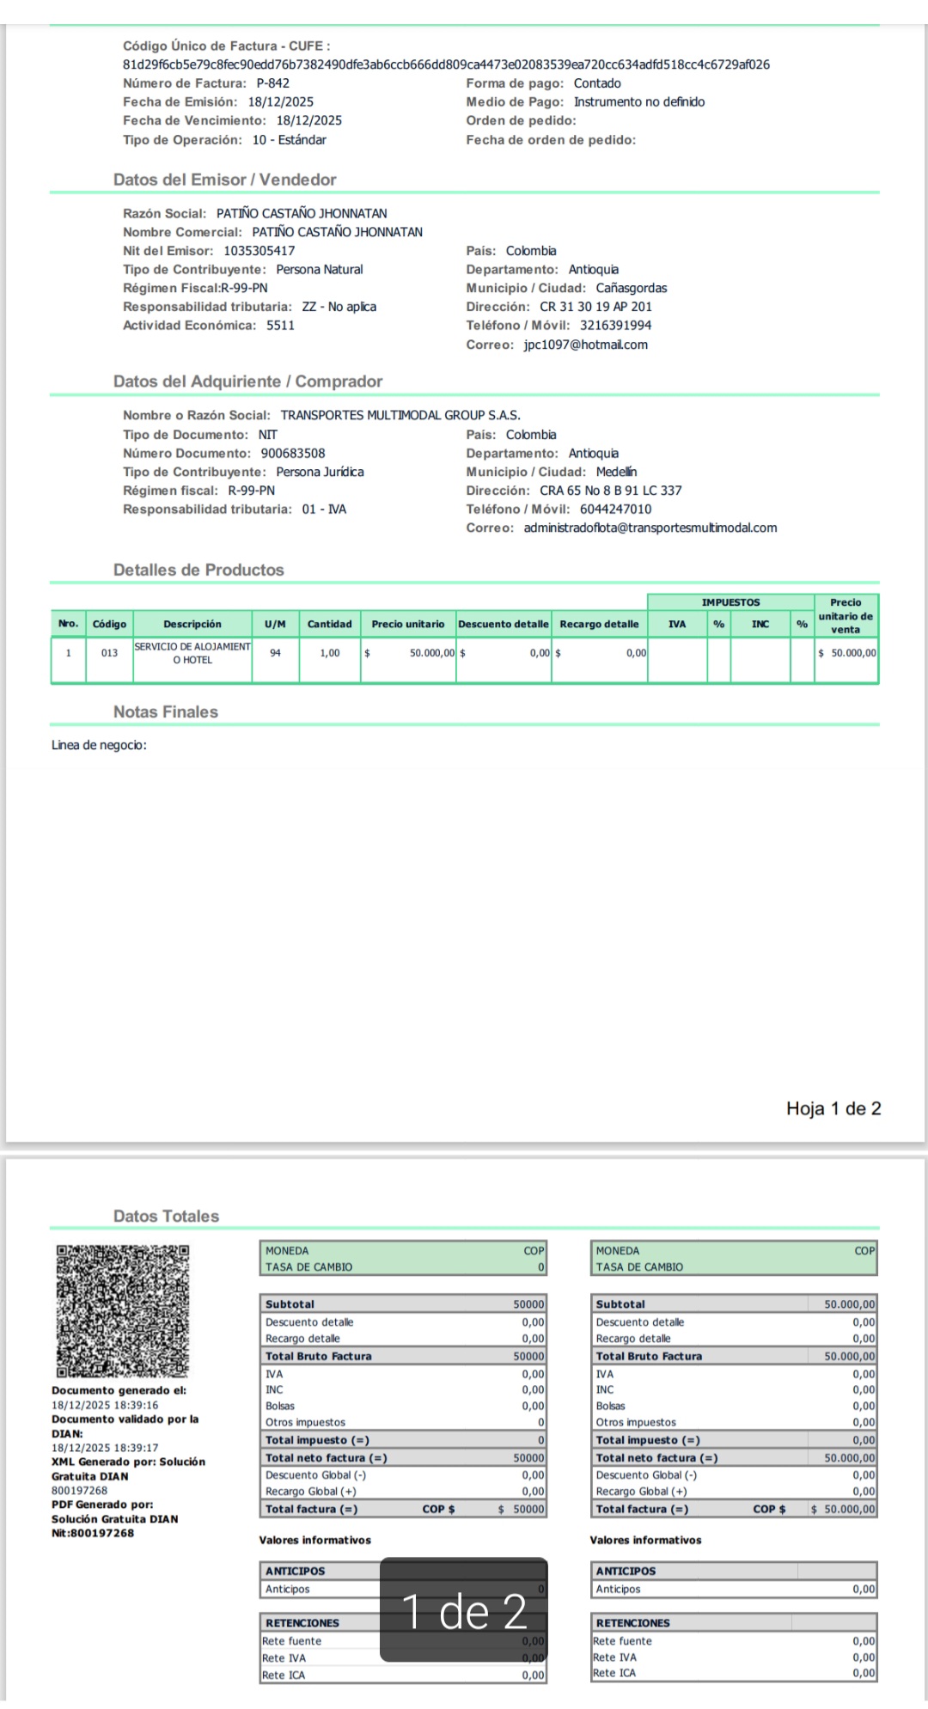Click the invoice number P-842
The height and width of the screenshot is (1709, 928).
[x=272, y=83]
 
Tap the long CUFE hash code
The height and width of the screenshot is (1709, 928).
[x=446, y=64]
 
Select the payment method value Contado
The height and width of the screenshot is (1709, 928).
[x=597, y=83]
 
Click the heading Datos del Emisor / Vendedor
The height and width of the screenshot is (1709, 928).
[x=224, y=180]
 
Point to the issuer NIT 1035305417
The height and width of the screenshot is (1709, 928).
[x=259, y=251]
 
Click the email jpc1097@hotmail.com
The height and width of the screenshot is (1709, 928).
[x=585, y=345]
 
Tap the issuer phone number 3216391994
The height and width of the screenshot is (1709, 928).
[x=615, y=326]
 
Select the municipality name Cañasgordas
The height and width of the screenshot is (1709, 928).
[x=631, y=288]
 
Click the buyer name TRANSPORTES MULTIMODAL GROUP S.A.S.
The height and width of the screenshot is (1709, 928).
[x=400, y=415]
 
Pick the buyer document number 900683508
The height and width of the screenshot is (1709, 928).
[x=293, y=453]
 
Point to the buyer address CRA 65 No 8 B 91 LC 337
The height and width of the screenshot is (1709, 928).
[x=610, y=491]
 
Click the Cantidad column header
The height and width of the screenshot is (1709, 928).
[x=329, y=624]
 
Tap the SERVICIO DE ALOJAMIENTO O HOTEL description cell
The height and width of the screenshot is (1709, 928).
[x=192, y=653]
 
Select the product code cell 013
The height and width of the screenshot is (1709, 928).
[x=109, y=653]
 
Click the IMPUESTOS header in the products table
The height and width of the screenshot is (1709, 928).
[x=730, y=602]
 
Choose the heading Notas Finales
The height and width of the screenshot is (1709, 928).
[x=166, y=711]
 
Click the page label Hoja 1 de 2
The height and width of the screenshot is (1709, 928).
[x=833, y=1108]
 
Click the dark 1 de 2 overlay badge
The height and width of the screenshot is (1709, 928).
[x=464, y=1609]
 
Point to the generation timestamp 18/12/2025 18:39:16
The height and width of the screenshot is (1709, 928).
[x=105, y=1405]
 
